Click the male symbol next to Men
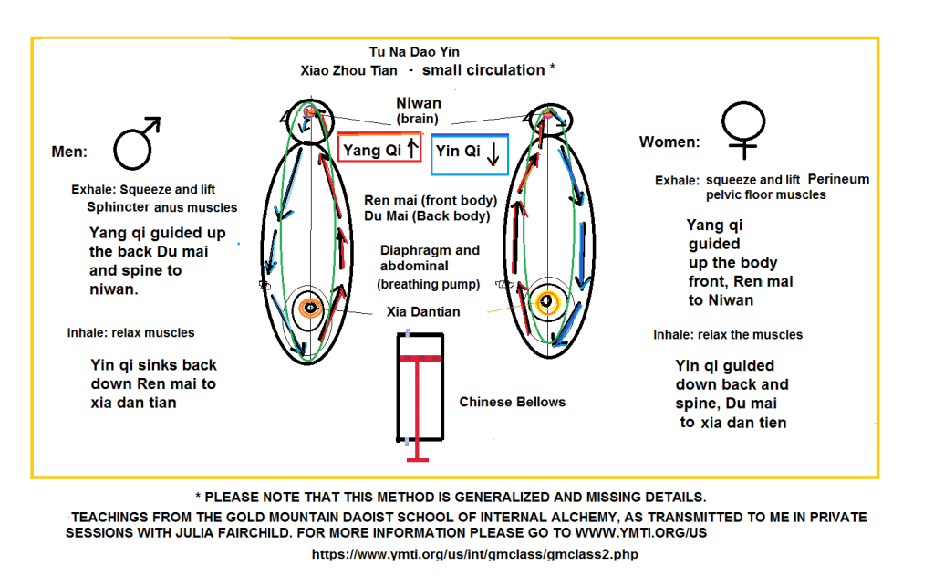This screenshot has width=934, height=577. pyautogui.click(x=132, y=151)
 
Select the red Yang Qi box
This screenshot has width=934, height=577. pyautogui.click(x=379, y=147)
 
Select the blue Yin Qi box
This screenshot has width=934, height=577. pyautogui.click(x=470, y=154)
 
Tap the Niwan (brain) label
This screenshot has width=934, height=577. pyautogui.click(x=418, y=110)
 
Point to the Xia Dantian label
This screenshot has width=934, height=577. pyautogui.click(x=423, y=311)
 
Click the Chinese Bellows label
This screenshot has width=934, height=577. pyautogui.click(x=513, y=402)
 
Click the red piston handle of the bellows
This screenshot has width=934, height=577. pyautogui.click(x=418, y=409)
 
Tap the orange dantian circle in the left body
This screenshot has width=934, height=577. pyautogui.click(x=310, y=308)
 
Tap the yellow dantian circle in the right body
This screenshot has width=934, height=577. pyautogui.click(x=547, y=302)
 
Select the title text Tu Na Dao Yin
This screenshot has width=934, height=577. pyautogui.click(x=414, y=52)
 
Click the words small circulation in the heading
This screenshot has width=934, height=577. pyautogui.click(x=483, y=70)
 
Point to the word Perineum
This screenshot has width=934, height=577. pyautogui.click(x=839, y=180)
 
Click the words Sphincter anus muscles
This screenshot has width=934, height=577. pyautogui.click(x=162, y=207)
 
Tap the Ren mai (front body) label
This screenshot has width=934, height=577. pyautogui.click(x=431, y=200)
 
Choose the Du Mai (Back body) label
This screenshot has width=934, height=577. pyautogui.click(x=427, y=215)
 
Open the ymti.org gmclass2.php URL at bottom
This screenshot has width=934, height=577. pyautogui.click(x=474, y=554)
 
